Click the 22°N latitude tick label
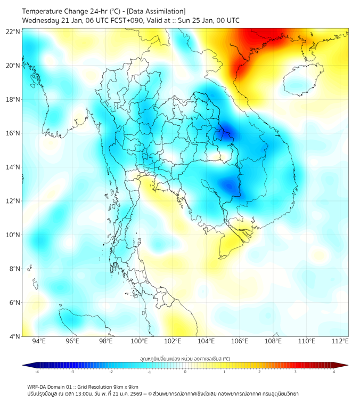pyautogui.click(x=14, y=31)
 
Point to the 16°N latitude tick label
pyautogui.click(x=14, y=133)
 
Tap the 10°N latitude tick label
pyautogui.click(x=14, y=235)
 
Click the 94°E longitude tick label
pyautogui.click(x=39, y=342)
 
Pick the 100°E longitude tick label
pyautogui.click(x=139, y=342)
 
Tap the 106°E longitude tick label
pyautogui.click(x=240, y=342)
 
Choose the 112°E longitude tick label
pyautogui.click(x=340, y=342)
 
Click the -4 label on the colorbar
pyautogui.click(x=36, y=372)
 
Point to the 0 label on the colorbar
pyautogui.click(x=185, y=372)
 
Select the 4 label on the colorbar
pyautogui.click(x=334, y=372)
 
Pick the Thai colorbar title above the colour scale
pyautogui.click(x=185, y=359)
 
